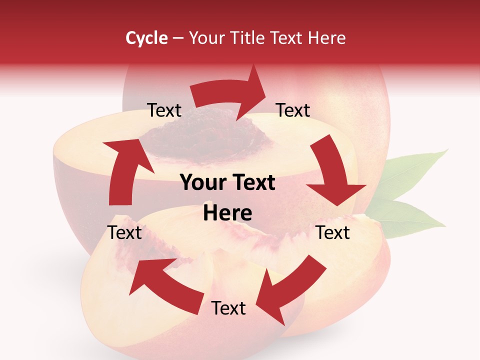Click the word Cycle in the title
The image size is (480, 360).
pyautogui.click(x=146, y=38)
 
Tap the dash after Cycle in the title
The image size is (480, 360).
pyautogui.click(x=178, y=38)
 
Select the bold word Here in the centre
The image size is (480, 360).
pyautogui.click(x=227, y=213)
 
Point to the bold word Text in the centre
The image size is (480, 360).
pyautogui.click(x=253, y=183)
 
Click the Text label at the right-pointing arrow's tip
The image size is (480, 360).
pyautogui.click(x=293, y=110)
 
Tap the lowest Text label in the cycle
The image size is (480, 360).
pyautogui.click(x=228, y=308)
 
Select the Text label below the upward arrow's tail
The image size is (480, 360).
pyautogui.click(x=125, y=232)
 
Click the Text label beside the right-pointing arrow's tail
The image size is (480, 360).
pyautogui.click(x=164, y=110)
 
